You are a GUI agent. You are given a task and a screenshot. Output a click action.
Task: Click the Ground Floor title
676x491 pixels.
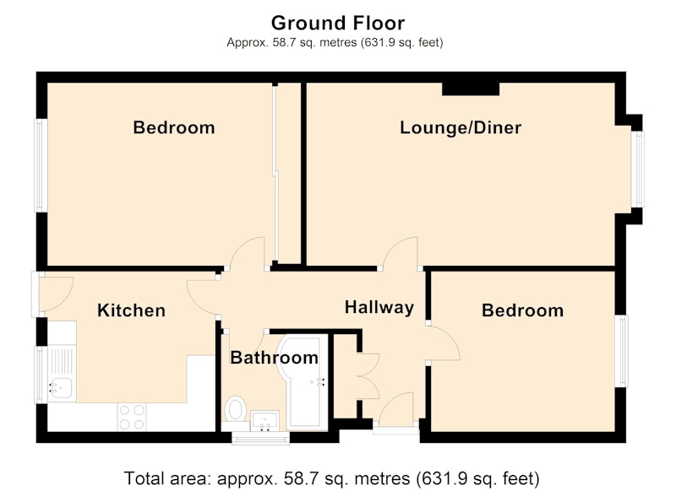tap(338, 23)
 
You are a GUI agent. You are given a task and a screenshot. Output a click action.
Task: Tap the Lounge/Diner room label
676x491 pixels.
tap(461, 127)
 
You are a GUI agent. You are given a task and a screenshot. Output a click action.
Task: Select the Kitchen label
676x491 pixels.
tap(132, 310)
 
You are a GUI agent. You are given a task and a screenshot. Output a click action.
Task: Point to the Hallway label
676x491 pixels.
tap(379, 308)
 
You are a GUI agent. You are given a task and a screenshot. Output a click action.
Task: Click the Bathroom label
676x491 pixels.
tap(274, 358)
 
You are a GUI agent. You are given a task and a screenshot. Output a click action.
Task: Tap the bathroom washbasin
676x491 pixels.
tap(264, 420)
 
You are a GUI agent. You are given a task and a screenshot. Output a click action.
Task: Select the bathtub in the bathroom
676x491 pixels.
tap(303, 382)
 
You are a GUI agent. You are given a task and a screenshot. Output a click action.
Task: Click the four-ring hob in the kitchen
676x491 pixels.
tap(132, 417)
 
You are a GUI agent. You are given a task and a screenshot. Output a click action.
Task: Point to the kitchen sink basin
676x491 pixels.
tap(60, 388)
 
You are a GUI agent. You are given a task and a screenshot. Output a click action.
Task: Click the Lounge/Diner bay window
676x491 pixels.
tap(638, 169)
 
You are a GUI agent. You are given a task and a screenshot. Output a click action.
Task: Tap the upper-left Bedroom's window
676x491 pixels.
tap(40, 165)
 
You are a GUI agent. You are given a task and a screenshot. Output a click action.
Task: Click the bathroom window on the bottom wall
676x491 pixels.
tap(260, 438)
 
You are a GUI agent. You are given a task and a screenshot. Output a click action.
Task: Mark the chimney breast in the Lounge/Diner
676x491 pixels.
tap(471, 89)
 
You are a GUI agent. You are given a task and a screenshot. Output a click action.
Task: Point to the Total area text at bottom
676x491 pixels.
tap(332, 478)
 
